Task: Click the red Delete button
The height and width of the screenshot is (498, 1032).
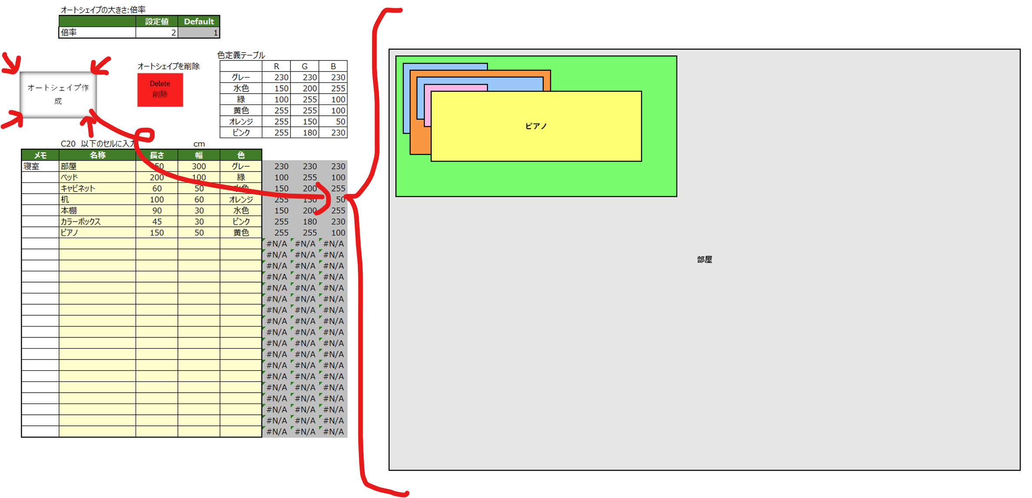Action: (160, 90)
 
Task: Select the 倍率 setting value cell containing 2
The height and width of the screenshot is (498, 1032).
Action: (157, 33)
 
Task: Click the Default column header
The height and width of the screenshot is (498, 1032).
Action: (199, 21)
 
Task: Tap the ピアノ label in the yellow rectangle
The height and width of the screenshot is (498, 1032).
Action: (536, 126)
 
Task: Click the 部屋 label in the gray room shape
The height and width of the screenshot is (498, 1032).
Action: (704, 259)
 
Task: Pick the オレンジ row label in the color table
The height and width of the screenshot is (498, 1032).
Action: (241, 121)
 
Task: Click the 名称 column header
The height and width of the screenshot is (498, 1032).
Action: (97, 155)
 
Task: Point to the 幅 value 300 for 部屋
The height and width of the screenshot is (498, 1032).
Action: (199, 166)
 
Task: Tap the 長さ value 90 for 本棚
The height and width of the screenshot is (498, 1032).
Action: (157, 210)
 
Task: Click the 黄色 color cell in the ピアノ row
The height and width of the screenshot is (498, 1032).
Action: (241, 232)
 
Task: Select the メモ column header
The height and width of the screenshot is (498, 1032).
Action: (40, 155)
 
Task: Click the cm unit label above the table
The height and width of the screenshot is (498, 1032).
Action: (199, 144)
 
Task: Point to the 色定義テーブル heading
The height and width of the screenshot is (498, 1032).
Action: (241, 55)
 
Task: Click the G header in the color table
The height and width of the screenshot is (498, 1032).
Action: (304, 66)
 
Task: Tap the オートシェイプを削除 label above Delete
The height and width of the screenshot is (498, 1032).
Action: (168, 66)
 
